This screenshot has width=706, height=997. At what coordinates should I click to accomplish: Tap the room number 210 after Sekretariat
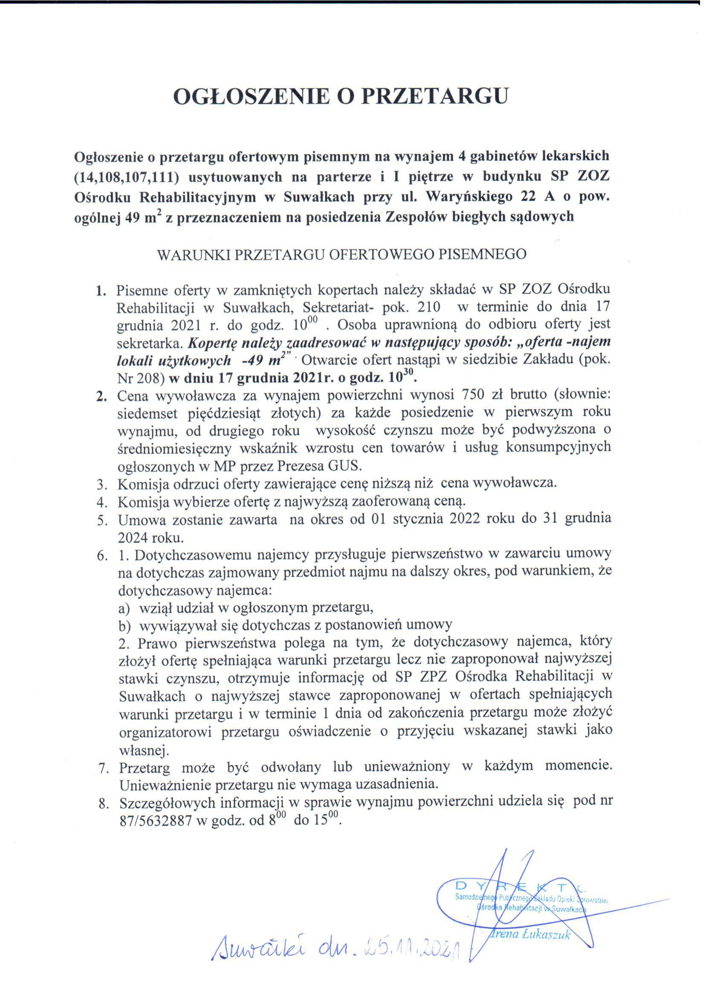(x=427, y=307)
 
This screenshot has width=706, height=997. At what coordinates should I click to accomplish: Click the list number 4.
(x=103, y=503)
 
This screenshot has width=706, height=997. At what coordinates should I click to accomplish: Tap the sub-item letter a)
(x=124, y=608)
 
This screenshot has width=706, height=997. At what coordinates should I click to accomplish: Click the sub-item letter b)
(x=124, y=625)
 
